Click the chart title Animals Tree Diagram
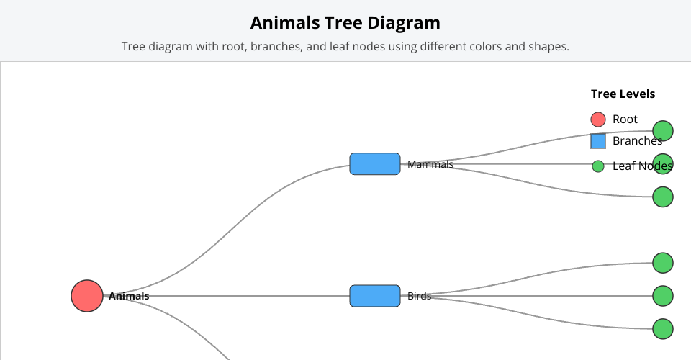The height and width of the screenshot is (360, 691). click(x=345, y=22)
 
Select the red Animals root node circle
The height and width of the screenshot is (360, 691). click(x=87, y=296)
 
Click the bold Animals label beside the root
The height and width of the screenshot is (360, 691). click(x=130, y=296)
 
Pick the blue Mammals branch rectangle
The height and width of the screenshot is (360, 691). click(x=374, y=164)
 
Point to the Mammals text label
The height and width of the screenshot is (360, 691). click(x=430, y=164)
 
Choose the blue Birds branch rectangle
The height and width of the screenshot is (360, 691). click(x=374, y=296)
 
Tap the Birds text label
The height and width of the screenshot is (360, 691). click(x=419, y=296)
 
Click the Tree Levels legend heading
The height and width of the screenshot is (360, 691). click(x=623, y=94)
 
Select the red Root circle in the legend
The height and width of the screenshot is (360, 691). click(x=597, y=120)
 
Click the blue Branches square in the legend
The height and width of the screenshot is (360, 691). click(x=597, y=141)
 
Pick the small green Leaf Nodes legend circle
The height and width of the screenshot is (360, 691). click(x=597, y=166)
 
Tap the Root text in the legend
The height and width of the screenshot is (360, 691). click(x=625, y=120)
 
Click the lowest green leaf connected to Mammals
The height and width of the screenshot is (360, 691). click(x=662, y=197)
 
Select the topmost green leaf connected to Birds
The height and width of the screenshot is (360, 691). click(x=662, y=263)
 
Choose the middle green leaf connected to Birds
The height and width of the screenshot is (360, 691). click(x=662, y=296)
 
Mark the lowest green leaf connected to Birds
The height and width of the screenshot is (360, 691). click(x=662, y=329)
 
